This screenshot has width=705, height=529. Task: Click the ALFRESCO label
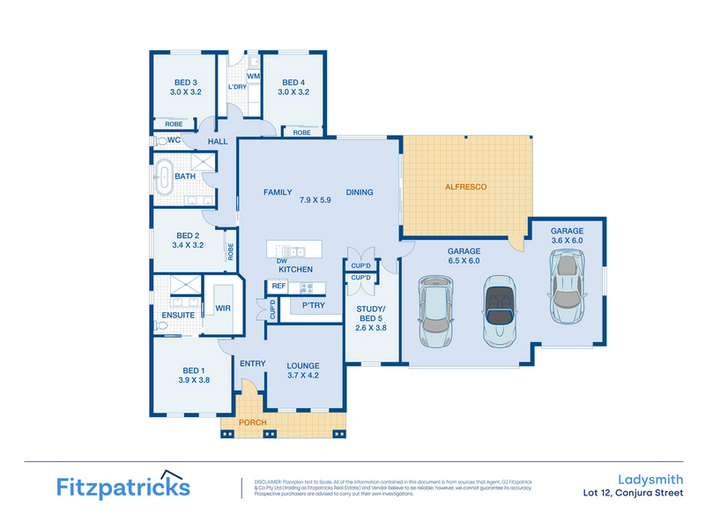[466, 187]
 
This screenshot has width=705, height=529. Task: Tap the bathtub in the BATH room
[165, 176]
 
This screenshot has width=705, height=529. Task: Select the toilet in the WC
[161, 141]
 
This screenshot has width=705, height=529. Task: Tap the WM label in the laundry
[253, 77]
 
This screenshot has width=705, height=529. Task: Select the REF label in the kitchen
[278, 286]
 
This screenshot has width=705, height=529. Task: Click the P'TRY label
[314, 305]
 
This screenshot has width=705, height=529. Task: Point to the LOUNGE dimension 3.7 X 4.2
[303, 376]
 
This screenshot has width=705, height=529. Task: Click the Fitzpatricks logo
[122, 486]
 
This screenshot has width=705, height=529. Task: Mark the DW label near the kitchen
[281, 260]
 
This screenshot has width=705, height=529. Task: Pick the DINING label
[359, 192]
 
